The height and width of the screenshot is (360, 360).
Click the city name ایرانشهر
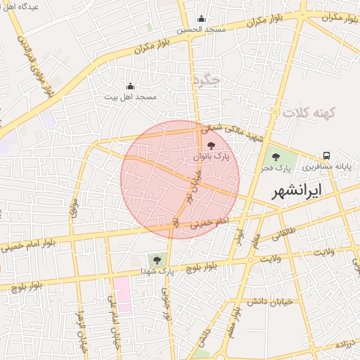tap(300, 190)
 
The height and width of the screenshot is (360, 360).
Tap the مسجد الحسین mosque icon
tap(202, 19)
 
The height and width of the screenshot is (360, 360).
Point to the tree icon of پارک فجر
tap(274, 157)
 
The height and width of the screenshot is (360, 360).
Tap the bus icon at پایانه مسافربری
tap(326, 155)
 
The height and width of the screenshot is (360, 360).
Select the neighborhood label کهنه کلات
tap(308, 112)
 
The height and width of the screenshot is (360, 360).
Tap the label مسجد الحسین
tap(200, 30)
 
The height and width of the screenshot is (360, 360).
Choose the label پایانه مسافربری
tap(326, 167)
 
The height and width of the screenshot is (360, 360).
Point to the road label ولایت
tap(326, 252)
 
